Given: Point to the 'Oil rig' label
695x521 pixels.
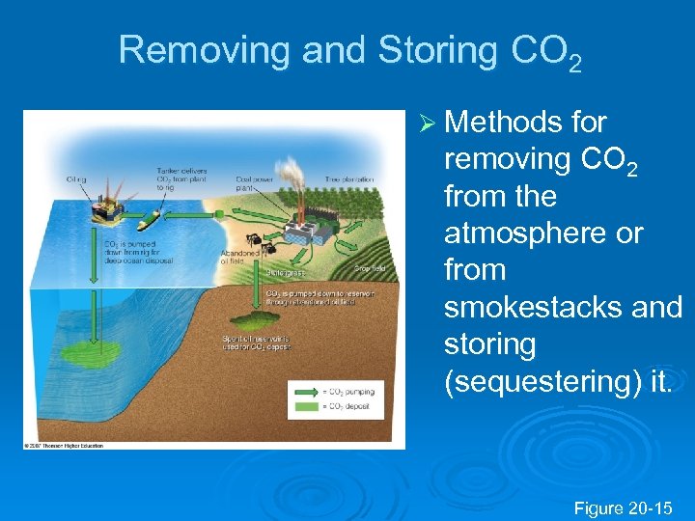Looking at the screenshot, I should (x=76, y=178).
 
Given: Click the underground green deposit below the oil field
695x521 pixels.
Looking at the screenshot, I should (x=262, y=318).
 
